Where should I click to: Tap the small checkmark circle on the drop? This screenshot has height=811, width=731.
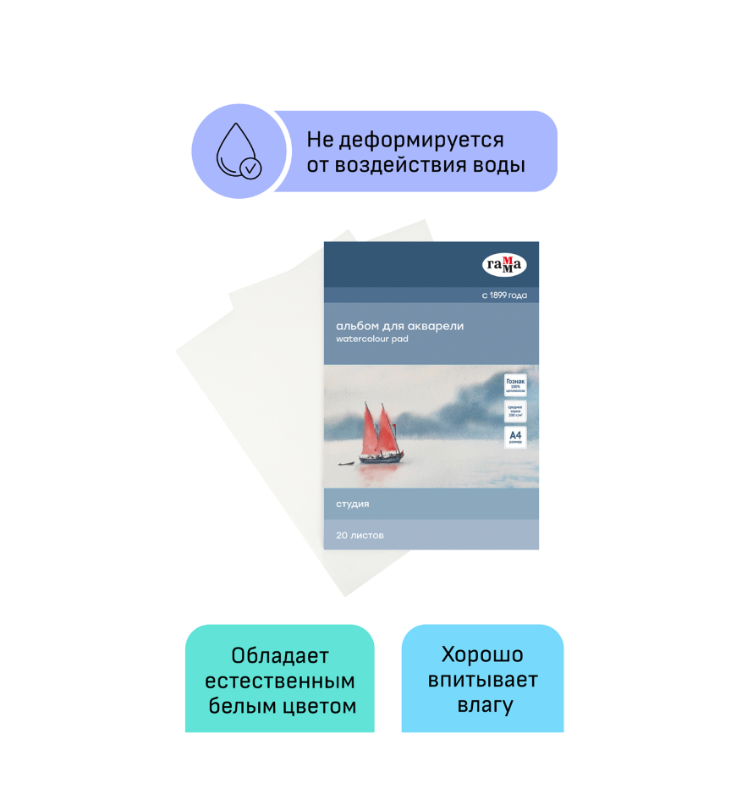(x=250, y=168)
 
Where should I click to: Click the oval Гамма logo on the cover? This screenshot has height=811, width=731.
(x=504, y=265)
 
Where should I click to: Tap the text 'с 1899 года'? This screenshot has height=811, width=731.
(x=504, y=295)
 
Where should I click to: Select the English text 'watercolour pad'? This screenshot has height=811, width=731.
(x=372, y=339)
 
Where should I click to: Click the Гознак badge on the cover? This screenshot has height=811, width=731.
(x=515, y=385)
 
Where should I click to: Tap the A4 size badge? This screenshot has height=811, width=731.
(x=515, y=437)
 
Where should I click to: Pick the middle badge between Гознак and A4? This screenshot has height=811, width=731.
(x=515, y=411)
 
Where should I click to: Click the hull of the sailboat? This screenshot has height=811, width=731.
(x=380, y=459)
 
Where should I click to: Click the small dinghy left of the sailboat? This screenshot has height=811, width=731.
(x=345, y=463)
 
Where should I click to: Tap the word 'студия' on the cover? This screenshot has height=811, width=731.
(x=352, y=504)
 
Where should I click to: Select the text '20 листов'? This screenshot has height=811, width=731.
(x=360, y=535)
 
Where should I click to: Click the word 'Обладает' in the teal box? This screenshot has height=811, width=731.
(x=280, y=656)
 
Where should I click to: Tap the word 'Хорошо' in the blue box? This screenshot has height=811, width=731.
(x=482, y=654)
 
